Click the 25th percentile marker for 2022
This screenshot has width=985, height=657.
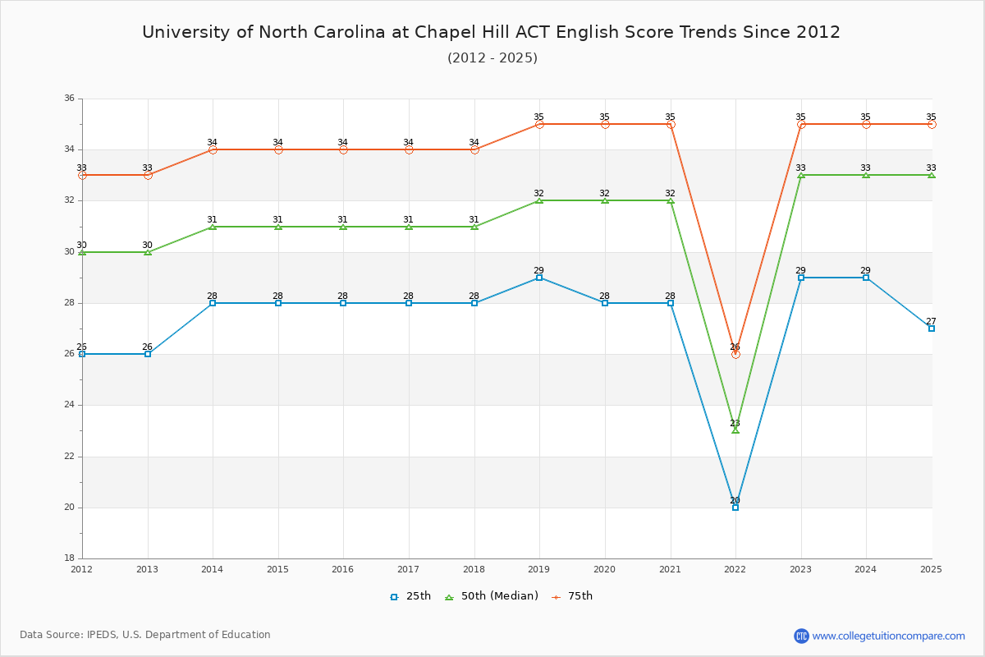pyautogui.click(x=735, y=508)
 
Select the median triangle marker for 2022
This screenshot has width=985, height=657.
pyautogui.click(x=735, y=430)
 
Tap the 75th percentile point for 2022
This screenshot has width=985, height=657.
pyautogui.click(x=735, y=354)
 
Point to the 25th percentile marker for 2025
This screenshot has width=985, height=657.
pyautogui.click(x=932, y=328)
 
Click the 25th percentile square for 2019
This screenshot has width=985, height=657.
pyautogui.click(x=539, y=278)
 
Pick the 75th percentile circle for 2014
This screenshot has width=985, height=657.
pyautogui.click(x=213, y=149)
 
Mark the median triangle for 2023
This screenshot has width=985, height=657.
pyautogui.click(x=801, y=175)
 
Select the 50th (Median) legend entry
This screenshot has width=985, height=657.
pyautogui.click(x=492, y=596)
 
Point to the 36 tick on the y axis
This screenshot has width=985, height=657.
pyautogui.click(x=69, y=99)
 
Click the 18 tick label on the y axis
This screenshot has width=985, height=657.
pyautogui.click(x=69, y=558)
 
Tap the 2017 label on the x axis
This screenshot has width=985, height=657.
pyautogui.click(x=408, y=568)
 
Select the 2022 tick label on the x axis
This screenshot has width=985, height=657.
pyautogui.click(x=735, y=568)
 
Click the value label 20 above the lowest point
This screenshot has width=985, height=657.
pyautogui.click(x=735, y=500)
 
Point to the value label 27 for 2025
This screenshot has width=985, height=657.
pyautogui.click(x=931, y=321)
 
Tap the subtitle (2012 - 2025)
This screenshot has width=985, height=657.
pyautogui.click(x=492, y=57)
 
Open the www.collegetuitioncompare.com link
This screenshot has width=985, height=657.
pyautogui.click(x=888, y=636)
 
